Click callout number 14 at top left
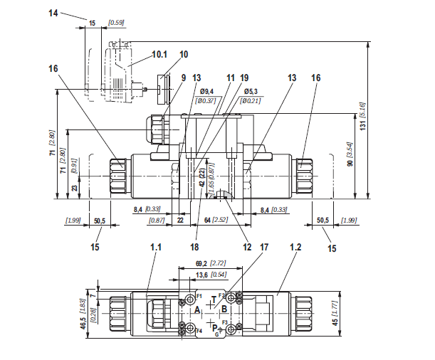click(53, 13)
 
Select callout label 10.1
click(159, 55)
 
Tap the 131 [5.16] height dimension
click(363, 117)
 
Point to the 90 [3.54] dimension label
click(350, 154)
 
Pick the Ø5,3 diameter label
click(251, 91)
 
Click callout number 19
click(244, 78)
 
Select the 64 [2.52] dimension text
click(216, 220)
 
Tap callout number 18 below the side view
click(195, 247)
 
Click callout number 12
click(247, 247)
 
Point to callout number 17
click(264, 247)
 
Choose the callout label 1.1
click(156, 247)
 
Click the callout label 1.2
click(295, 247)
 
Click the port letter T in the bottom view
click(214, 300)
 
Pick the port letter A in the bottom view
click(197, 309)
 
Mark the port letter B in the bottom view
click(224, 309)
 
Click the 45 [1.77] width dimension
click(335, 313)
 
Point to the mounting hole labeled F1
click(190, 299)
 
